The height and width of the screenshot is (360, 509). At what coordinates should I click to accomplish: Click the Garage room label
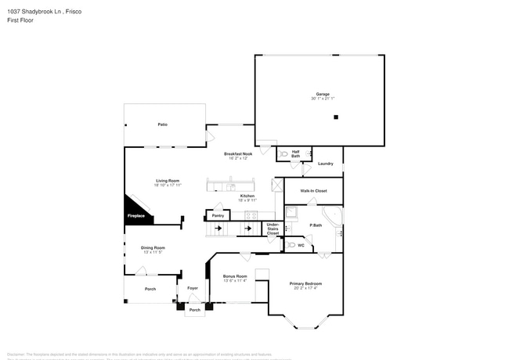[x=323, y=94]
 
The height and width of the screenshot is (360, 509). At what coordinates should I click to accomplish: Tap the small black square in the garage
[x=336, y=117]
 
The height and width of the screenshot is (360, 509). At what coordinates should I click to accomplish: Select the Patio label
[x=163, y=124]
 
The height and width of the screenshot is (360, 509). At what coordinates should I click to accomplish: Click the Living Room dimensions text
[x=168, y=185]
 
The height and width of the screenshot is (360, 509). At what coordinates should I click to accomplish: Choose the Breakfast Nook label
[x=238, y=153]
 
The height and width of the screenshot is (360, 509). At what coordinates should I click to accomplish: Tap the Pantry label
[x=218, y=215]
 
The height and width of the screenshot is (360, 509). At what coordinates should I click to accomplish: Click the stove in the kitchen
[x=251, y=215]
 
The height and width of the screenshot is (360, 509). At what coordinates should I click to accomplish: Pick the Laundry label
[x=326, y=164]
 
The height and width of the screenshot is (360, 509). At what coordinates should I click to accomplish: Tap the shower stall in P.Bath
[x=291, y=212]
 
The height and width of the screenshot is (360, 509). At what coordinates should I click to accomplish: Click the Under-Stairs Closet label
[x=273, y=229]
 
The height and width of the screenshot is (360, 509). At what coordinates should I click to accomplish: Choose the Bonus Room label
[x=235, y=275]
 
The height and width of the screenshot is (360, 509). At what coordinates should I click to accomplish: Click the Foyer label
[x=192, y=289]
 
